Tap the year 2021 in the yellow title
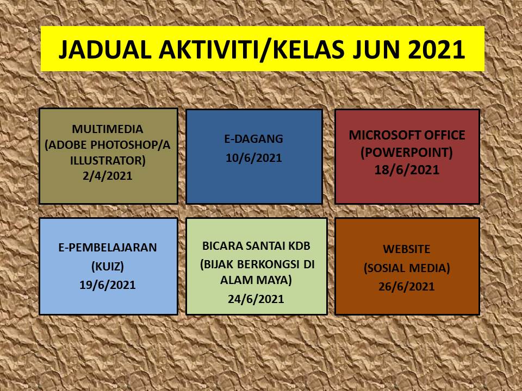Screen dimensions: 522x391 point(437,49)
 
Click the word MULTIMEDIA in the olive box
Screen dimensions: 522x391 point(108,129)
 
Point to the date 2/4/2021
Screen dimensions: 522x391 point(108,175)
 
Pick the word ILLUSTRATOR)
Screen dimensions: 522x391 point(108,160)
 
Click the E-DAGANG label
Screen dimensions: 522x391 point(254,138)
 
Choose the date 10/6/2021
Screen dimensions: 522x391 point(254,157)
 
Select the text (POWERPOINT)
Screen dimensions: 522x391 point(407,152)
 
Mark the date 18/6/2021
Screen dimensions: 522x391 point(407,170)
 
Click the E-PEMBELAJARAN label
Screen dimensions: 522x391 point(108,248)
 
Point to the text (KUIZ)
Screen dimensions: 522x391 point(108,266)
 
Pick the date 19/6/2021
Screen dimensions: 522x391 point(108,285)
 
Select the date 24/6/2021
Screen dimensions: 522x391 point(256,299)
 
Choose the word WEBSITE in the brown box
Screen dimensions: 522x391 point(407,249)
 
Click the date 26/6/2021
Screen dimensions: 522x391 point(407,287)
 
